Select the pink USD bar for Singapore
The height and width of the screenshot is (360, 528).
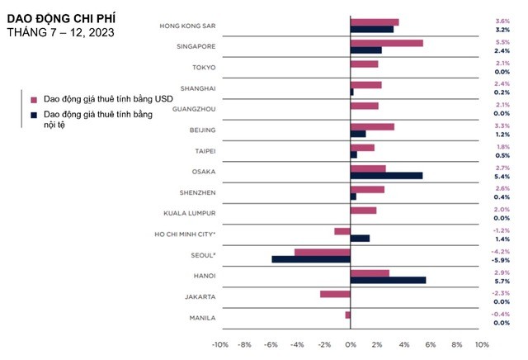click(x=386, y=43)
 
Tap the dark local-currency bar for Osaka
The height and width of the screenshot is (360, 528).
click(x=386, y=176)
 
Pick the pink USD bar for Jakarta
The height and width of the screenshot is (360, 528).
click(x=335, y=294)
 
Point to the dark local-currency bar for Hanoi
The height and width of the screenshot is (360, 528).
click(x=388, y=280)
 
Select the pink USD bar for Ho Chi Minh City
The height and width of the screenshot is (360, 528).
click(x=342, y=231)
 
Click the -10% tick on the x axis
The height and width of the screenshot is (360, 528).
click(x=220, y=344)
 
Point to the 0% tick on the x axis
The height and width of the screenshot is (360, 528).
click(x=351, y=344)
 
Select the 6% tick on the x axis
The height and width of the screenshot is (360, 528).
click(x=429, y=344)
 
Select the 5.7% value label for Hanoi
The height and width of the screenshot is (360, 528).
click(x=502, y=281)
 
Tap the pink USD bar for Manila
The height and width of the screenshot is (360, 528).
click(x=347, y=315)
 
